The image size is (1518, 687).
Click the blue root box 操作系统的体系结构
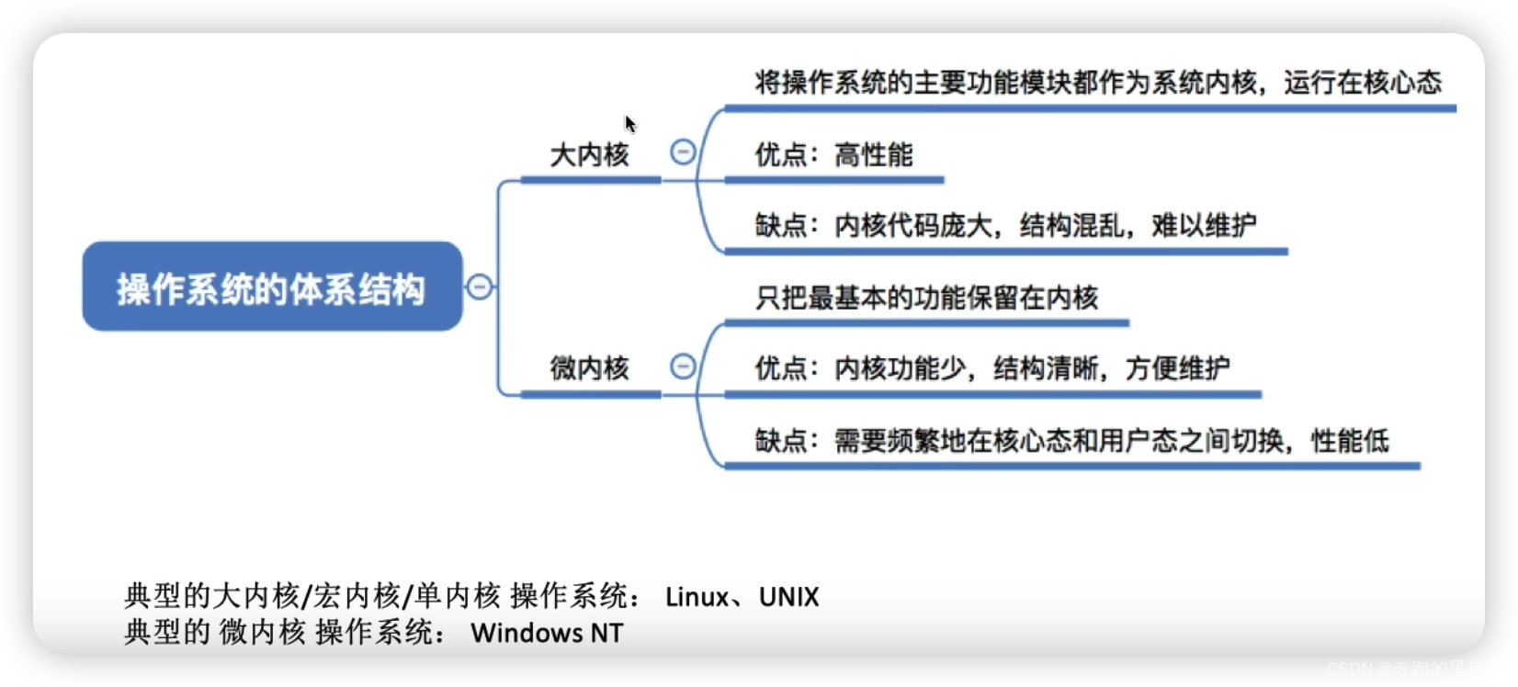(272, 287)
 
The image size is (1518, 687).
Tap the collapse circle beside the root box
(480, 287)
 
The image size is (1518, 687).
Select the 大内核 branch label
(589, 154)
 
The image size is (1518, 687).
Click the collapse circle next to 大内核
(683, 152)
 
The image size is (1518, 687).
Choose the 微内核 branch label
(589, 368)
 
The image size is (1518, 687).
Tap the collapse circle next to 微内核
(683, 366)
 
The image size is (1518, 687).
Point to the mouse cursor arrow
(630, 124)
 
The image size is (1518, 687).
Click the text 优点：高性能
(833, 154)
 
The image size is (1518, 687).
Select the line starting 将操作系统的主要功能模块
(1098, 83)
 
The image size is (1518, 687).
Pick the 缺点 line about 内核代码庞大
(1005, 225)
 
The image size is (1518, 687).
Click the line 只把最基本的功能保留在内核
(926, 298)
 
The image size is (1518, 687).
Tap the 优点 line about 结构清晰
(992, 368)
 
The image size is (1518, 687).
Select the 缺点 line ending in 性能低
(1071, 441)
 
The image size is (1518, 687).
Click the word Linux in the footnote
(697, 597)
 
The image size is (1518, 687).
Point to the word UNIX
(788, 597)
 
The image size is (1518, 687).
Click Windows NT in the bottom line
(547, 633)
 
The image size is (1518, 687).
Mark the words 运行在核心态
(1363, 83)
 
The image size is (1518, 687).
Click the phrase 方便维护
(1177, 368)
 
